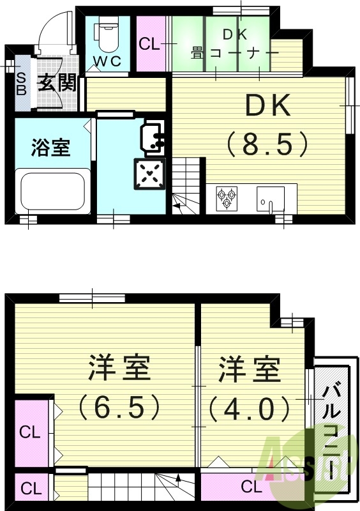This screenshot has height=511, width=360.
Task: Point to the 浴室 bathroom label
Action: click(x=50, y=148)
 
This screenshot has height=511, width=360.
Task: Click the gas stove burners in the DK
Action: click(x=226, y=197)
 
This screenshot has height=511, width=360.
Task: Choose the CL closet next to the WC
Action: click(x=149, y=45)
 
